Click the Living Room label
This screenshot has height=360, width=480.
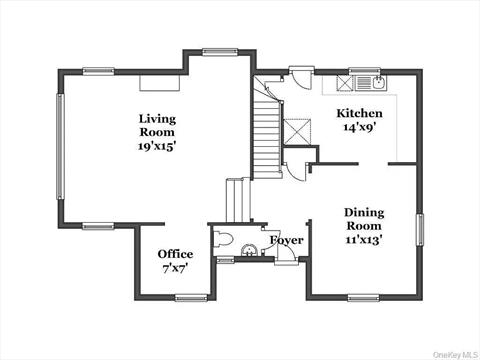coord(157,125)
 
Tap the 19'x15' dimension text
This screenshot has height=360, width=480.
coord(157,146)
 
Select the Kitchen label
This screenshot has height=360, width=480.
coord(358,113)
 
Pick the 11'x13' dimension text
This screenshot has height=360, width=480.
coord(364,240)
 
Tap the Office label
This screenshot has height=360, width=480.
coord(175,254)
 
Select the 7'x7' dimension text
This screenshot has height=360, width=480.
coord(175,268)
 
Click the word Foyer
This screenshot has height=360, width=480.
coord(287,240)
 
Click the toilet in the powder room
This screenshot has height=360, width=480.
coord(224,240)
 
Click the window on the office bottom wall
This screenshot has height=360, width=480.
coord(190,297)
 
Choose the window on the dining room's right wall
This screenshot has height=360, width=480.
coord(419,228)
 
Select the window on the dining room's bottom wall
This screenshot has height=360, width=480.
coord(363,297)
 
